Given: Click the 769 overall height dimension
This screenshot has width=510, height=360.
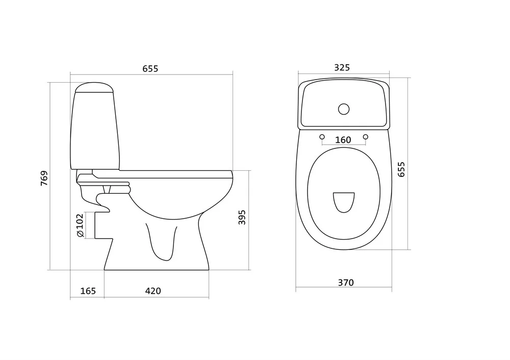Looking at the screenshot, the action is pyautogui.click(x=44, y=178).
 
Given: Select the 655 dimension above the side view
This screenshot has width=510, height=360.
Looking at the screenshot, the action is pyautogui.click(x=150, y=69).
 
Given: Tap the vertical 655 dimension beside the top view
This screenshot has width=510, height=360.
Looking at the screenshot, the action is pyautogui.click(x=401, y=169).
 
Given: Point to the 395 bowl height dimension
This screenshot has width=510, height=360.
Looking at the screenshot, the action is pyautogui.click(x=242, y=217).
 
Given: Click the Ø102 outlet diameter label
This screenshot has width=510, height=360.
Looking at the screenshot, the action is pyautogui.click(x=80, y=225).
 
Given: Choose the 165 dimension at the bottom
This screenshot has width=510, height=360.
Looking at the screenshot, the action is pyautogui.click(x=88, y=291).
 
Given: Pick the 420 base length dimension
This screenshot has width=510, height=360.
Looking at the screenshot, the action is pyautogui.click(x=153, y=291).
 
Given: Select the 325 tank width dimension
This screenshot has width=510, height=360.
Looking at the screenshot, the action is pyautogui.click(x=342, y=67).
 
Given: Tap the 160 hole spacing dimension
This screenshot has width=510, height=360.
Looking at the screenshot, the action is pyautogui.click(x=343, y=140).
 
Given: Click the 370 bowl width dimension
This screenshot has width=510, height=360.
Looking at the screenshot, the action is pyautogui.click(x=345, y=282).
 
